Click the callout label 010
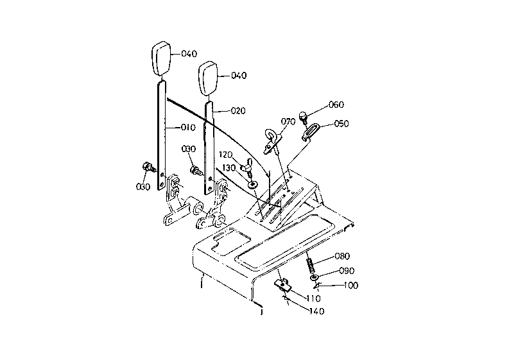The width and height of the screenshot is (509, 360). (x=188, y=127)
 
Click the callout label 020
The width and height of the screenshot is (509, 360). (x=238, y=110)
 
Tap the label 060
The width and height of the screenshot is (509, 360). (x=336, y=105)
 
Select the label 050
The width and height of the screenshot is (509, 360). (x=341, y=124)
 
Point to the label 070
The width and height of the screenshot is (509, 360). (x=288, y=122)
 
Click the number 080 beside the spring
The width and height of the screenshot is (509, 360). (x=342, y=256)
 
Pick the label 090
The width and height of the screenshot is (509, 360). (x=347, y=270)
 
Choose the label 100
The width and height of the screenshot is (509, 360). (x=351, y=286)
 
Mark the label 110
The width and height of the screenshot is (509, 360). (x=313, y=298)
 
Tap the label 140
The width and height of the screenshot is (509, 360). (x=317, y=311)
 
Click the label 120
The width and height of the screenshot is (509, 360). (x=225, y=155)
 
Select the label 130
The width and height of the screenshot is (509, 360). (x=229, y=168)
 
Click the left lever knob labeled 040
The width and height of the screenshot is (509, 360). (x=162, y=59)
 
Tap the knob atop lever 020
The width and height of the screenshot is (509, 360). (x=208, y=78)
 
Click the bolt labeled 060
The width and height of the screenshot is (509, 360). (x=303, y=117)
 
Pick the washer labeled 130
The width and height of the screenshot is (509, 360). (x=252, y=185)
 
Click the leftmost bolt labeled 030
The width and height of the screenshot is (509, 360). (x=149, y=168)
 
